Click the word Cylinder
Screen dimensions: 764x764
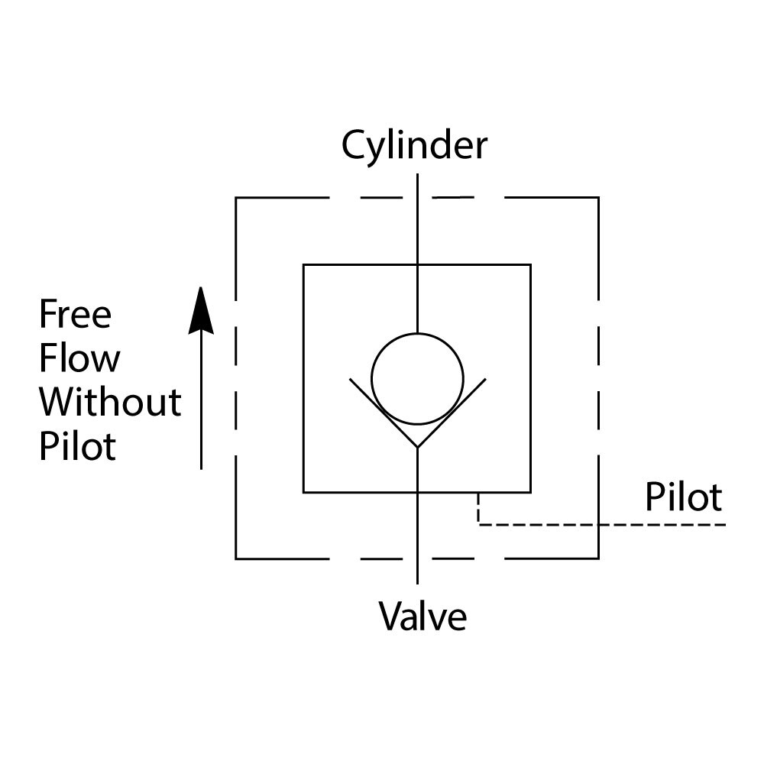pos(413,145)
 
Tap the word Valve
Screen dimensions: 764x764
pos(422,616)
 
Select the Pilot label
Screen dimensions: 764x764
pos(683,497)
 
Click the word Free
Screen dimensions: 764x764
pos(75,314)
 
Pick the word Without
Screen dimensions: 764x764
pos(110,402)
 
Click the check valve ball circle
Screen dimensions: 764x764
pos(417,377)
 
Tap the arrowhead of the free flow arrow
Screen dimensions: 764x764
pos(201,309)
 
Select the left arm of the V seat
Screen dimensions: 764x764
pos(382,412)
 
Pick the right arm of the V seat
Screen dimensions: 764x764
pos(452,412)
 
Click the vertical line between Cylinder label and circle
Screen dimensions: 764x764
pos(417,252)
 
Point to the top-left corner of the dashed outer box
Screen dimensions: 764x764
pos(236,198)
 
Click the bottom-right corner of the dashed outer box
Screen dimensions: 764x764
pos(598,558)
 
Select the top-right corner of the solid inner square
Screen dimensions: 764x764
pos(530,265)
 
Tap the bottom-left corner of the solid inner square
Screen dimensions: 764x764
pos(304,492)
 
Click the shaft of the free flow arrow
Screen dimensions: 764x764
pos(201,405)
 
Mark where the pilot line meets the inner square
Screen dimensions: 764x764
pos(478,493)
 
